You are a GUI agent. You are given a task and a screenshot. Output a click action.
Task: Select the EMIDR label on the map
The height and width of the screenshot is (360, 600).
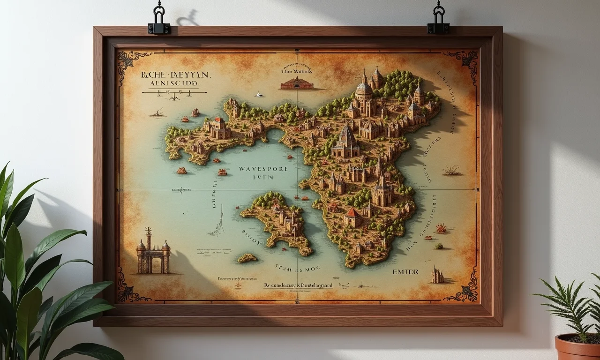point(405,271)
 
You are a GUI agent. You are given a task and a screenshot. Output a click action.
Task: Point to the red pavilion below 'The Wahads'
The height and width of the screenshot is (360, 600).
point(296,83)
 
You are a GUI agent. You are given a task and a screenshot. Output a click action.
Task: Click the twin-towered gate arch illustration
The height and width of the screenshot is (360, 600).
point(153,254)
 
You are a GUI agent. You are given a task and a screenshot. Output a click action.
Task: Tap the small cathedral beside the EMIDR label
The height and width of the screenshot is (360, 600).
point(437,275)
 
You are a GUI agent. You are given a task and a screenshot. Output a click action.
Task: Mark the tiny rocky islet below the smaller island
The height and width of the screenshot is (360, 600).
point(247,258)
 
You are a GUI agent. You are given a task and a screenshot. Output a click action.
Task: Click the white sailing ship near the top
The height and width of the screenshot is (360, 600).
point(258,94)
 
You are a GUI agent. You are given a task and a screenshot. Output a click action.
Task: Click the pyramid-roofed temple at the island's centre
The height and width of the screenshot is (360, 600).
point(346,141)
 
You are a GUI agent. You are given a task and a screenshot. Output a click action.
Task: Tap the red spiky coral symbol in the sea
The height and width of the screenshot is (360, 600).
point(441,228)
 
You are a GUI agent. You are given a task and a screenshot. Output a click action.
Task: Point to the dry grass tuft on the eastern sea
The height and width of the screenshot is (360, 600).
point(451,170)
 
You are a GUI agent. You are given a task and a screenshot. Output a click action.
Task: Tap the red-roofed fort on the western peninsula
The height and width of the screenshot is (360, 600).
point(218,127)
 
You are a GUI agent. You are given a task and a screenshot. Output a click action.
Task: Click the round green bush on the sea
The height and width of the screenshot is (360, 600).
point(439,246)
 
